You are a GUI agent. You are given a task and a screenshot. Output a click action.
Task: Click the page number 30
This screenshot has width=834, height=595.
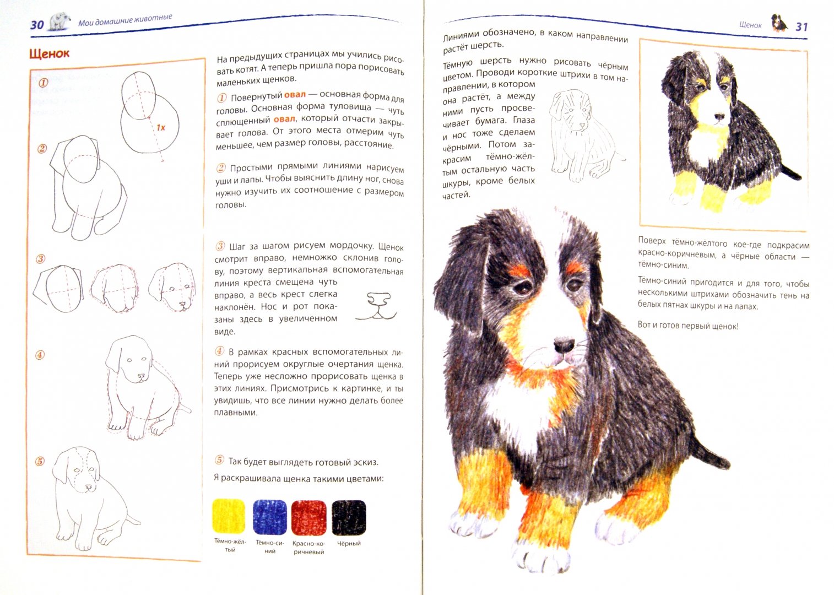click(x=37, y=25)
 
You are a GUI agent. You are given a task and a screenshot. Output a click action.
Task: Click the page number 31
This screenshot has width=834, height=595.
click(x=801, y=27)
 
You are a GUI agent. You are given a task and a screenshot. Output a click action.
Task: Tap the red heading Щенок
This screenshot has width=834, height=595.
click(x=49, y=53)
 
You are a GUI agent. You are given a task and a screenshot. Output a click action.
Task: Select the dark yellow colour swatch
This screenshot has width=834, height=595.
click(x=229, y=516)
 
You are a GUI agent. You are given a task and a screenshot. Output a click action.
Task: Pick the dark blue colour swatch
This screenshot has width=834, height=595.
click(x=269, y=517)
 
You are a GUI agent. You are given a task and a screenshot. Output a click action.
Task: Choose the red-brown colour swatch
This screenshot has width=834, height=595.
click(x=308, y=517)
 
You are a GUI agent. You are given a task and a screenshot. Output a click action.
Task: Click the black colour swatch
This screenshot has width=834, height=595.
click(x=349, y=517)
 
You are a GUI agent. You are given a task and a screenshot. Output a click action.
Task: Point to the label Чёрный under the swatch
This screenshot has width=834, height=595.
click(x=349, y=543)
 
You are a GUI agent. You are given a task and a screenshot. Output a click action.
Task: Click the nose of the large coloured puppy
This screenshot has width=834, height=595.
click(x=564, y=345)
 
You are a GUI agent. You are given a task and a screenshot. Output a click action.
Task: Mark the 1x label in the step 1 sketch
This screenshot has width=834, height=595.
click(x=161, y=128)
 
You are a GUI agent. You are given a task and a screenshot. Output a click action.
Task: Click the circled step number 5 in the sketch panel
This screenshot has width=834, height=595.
click(x=40, y=461)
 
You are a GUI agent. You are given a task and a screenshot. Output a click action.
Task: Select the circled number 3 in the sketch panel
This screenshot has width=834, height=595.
click(x=41, y=259)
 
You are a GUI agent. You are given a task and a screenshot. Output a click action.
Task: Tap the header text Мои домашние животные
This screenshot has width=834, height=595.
click(x=125, y=20)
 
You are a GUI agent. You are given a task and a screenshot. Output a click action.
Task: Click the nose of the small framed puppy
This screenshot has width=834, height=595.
click(x=720, y=117)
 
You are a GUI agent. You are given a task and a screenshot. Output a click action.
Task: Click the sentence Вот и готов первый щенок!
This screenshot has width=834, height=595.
click(x=688, y=326)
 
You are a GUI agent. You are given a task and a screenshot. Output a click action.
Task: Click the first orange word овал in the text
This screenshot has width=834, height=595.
click(x=295, y=95)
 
